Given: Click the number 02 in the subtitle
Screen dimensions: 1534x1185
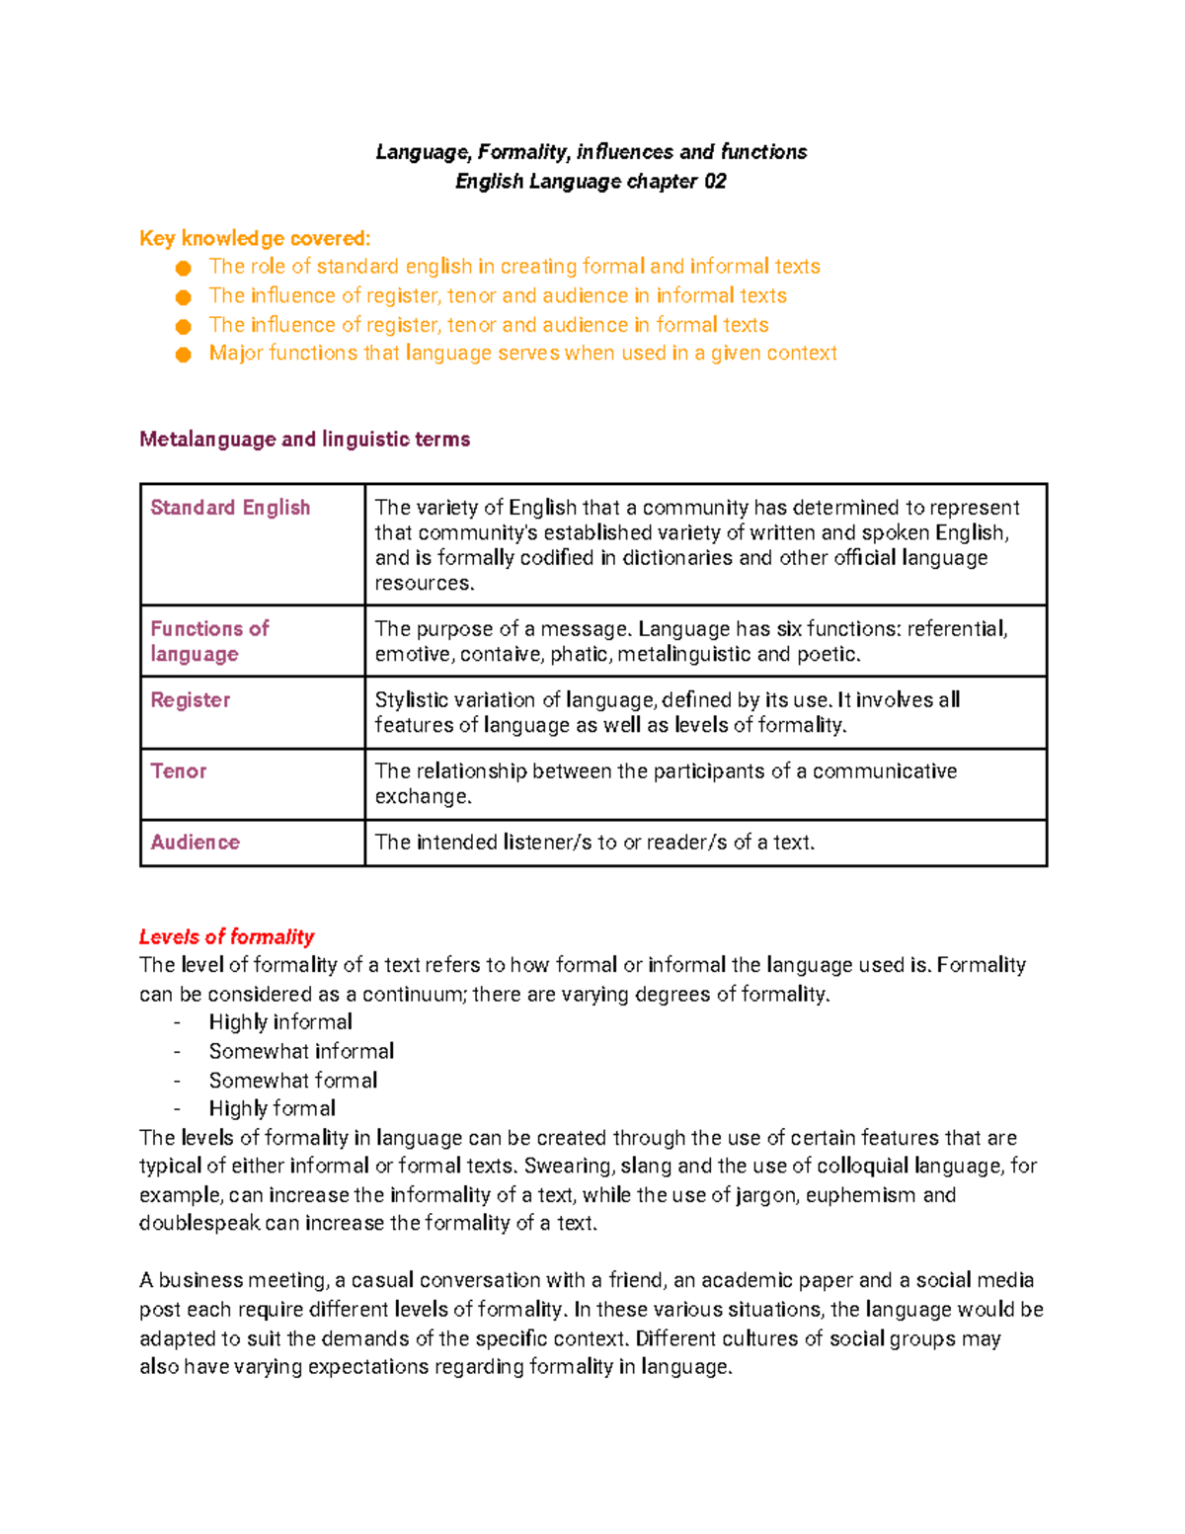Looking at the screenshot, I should [x=715, y=182].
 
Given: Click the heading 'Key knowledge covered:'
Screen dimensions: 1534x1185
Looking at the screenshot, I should [x=255, y=238].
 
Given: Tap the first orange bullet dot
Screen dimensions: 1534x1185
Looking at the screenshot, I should [x=183, y=269].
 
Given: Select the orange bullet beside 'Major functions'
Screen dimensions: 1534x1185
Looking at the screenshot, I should [x=183, y=355].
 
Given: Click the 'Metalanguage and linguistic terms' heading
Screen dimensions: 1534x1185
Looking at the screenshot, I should [x=304, y=440].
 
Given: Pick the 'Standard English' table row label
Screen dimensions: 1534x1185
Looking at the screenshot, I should [x=230, y=508].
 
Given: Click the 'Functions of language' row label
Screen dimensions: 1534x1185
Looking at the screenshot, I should [x=209, y=641].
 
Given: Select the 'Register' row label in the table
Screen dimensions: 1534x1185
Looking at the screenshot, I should [x=190, y=700].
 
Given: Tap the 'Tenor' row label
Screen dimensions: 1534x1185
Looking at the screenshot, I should [x=179, y=771].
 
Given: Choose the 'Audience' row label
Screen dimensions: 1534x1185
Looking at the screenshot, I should [x=196, y=843].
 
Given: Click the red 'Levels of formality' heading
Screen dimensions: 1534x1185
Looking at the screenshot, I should [x=226, y=936].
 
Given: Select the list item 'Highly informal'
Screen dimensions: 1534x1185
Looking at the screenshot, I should [x=280, y=1022].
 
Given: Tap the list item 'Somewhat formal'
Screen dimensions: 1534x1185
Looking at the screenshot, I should [x=293, y=1081].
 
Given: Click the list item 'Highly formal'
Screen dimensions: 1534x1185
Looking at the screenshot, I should [x=273, y=1108].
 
